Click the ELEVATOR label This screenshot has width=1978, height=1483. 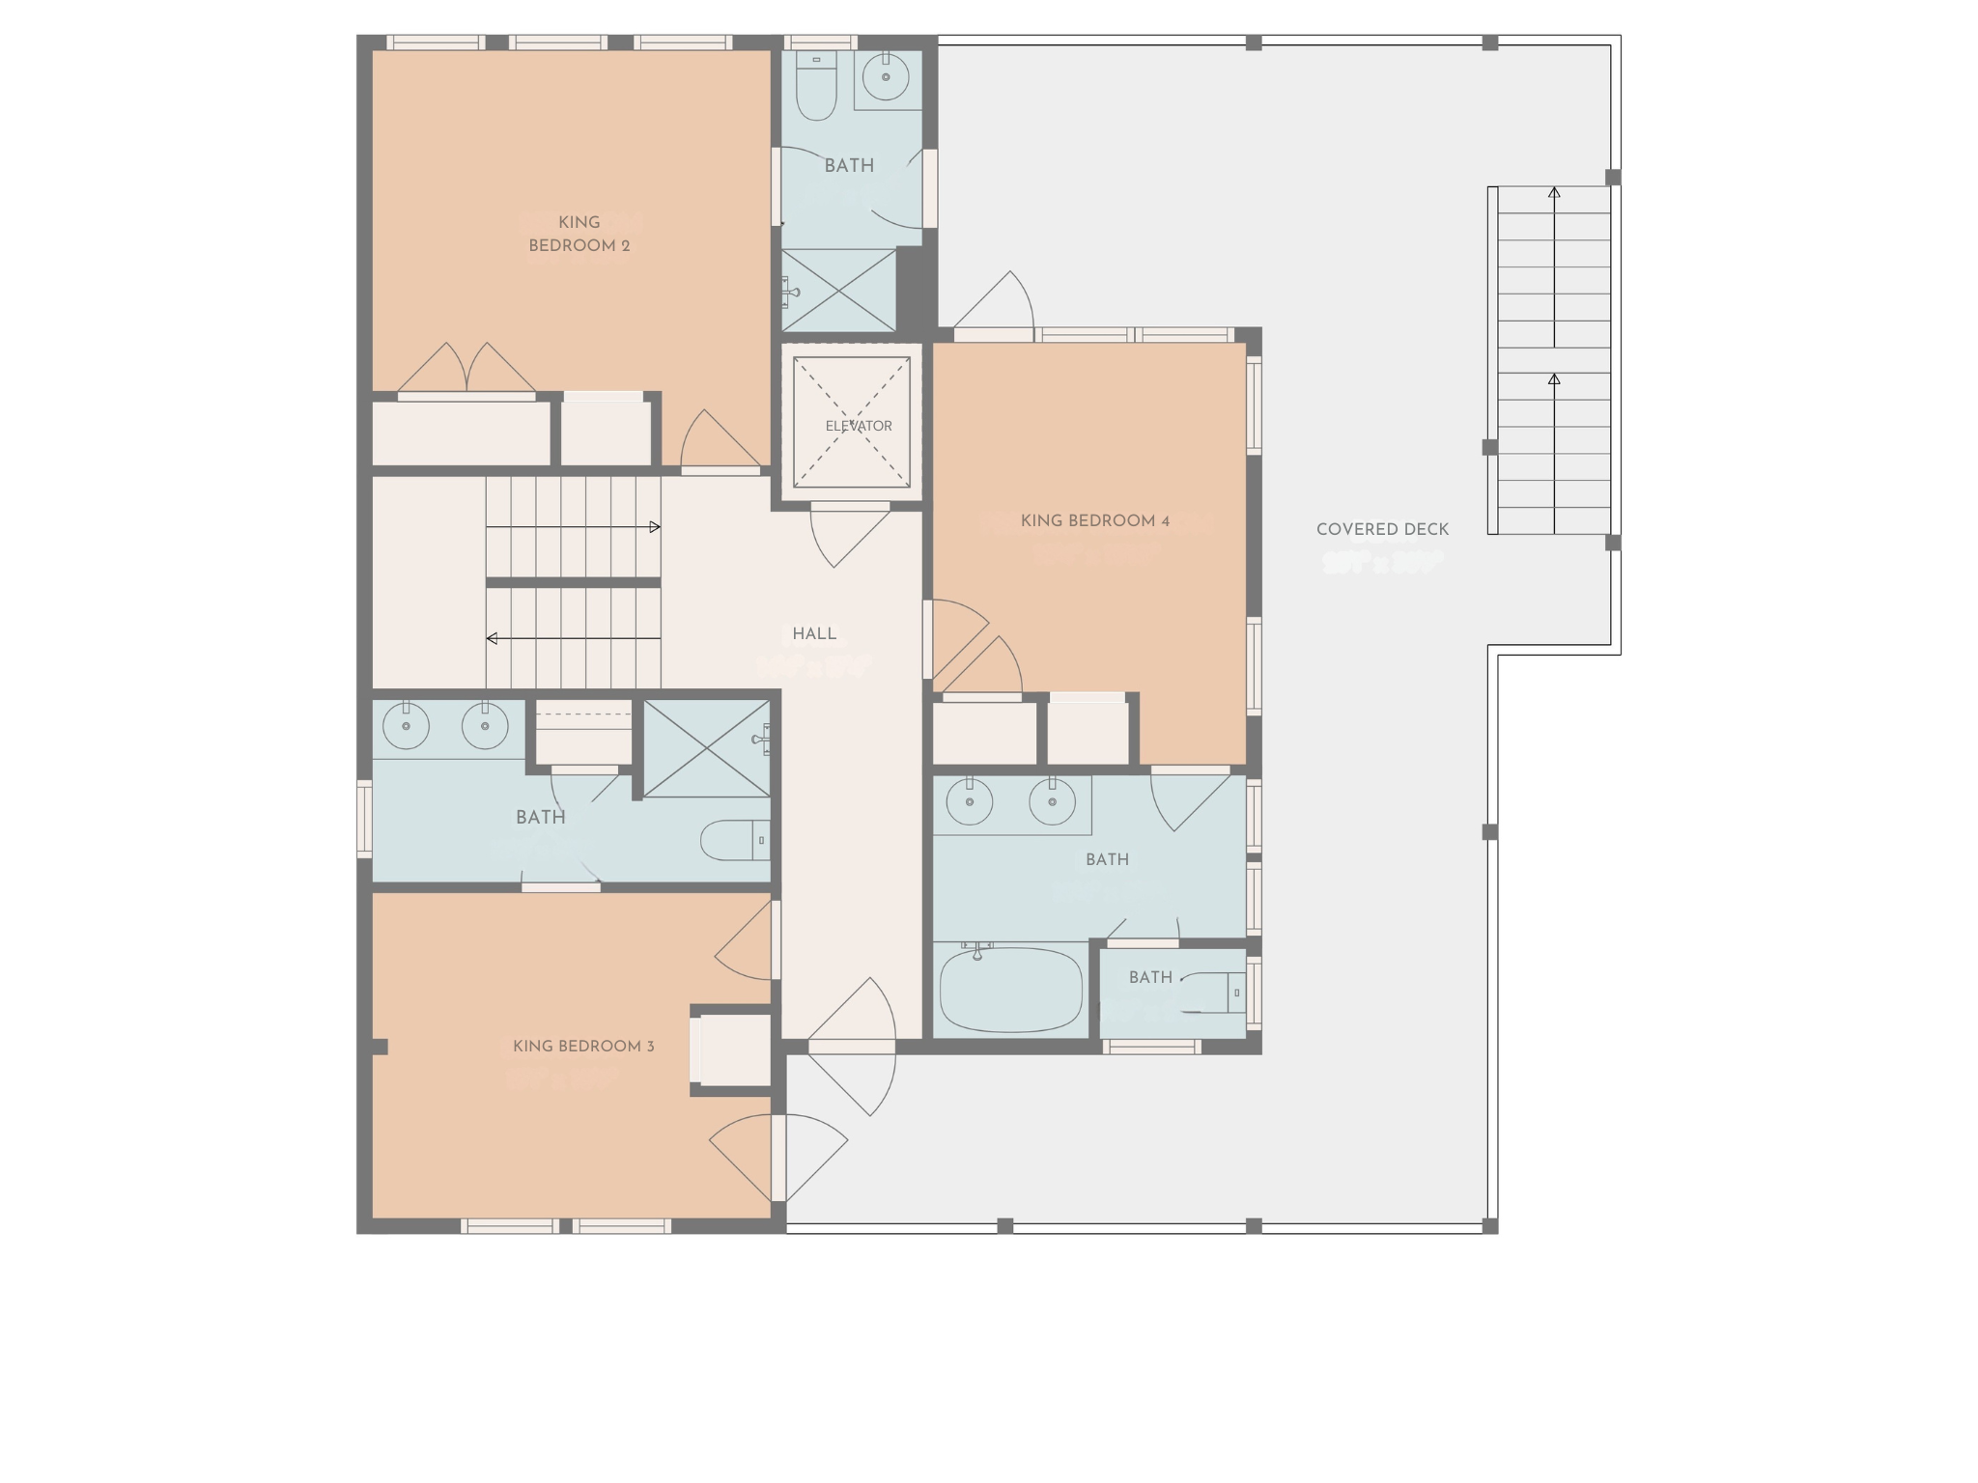point(858,426)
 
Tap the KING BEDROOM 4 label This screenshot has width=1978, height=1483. point(1094,521)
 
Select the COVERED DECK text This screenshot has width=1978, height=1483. point(1382,529)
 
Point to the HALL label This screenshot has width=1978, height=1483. point(814,634)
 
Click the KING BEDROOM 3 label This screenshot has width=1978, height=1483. point(583,1047)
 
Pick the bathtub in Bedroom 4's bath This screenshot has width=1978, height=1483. point(1010,991)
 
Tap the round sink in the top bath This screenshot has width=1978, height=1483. point(886,76)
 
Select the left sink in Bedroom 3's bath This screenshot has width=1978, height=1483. point(406,726)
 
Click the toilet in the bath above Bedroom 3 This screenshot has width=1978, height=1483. point(734,840)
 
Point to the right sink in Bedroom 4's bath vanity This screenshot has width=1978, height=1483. point(1052,801)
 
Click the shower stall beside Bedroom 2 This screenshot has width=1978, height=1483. point(838,290)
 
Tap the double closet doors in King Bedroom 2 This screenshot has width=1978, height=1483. point(466,369)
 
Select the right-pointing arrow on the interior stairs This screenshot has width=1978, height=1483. point(654,527)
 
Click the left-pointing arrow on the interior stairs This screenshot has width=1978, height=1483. point(493,638)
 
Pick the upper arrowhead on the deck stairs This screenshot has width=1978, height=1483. point(1554,193)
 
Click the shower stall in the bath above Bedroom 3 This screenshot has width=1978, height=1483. point(706,749)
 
